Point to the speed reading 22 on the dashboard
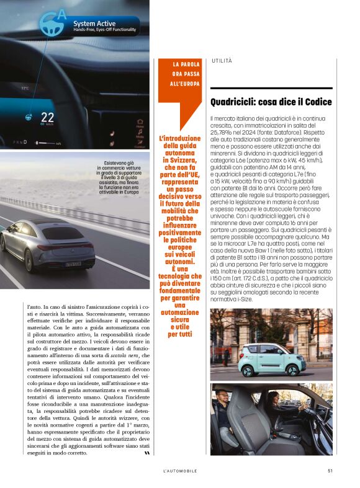[x=48, y=116]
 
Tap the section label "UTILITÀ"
[x=222, y=60]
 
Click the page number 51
[x=330, y=471]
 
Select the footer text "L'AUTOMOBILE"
[x=180, y=471]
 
